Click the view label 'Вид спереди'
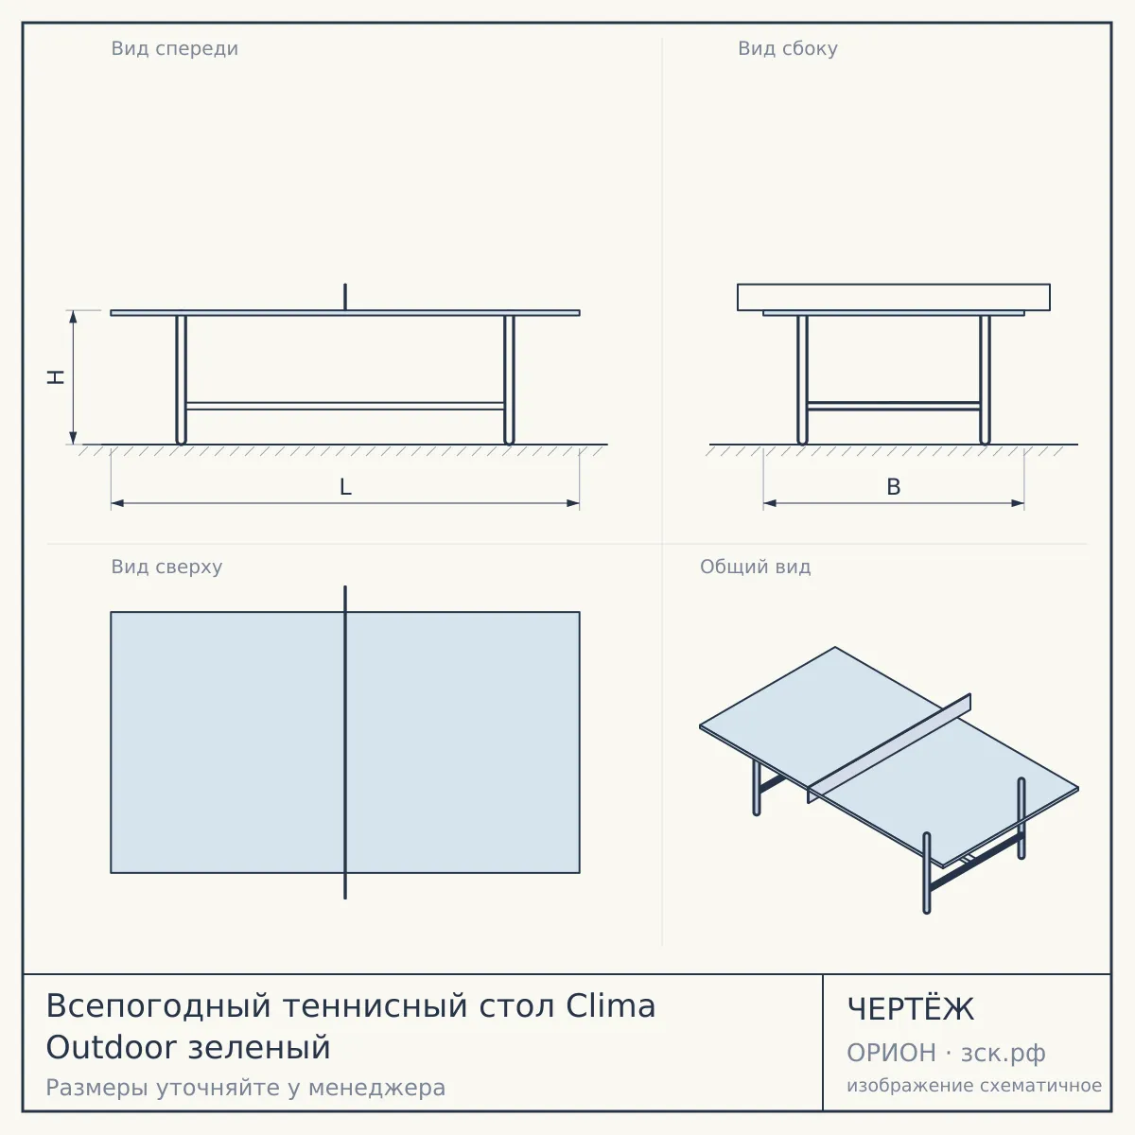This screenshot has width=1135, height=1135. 174,49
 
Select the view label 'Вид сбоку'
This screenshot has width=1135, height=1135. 788,49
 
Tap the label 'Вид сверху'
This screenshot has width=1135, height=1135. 166,567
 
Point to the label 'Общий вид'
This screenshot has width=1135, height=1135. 755,567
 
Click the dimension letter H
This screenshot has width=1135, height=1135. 56,377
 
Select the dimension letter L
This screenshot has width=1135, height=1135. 346,487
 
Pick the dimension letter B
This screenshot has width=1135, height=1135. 894,487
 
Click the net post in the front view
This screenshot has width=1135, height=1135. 345,297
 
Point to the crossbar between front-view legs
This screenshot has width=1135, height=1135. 345,406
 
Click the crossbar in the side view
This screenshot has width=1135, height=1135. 894,406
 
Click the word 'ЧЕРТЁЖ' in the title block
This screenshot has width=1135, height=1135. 911,1009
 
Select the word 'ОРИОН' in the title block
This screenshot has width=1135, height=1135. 891,1053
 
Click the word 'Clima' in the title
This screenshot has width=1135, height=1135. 611,1006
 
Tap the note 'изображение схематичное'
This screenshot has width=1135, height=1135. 974,1085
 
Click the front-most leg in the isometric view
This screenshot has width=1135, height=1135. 927,873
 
